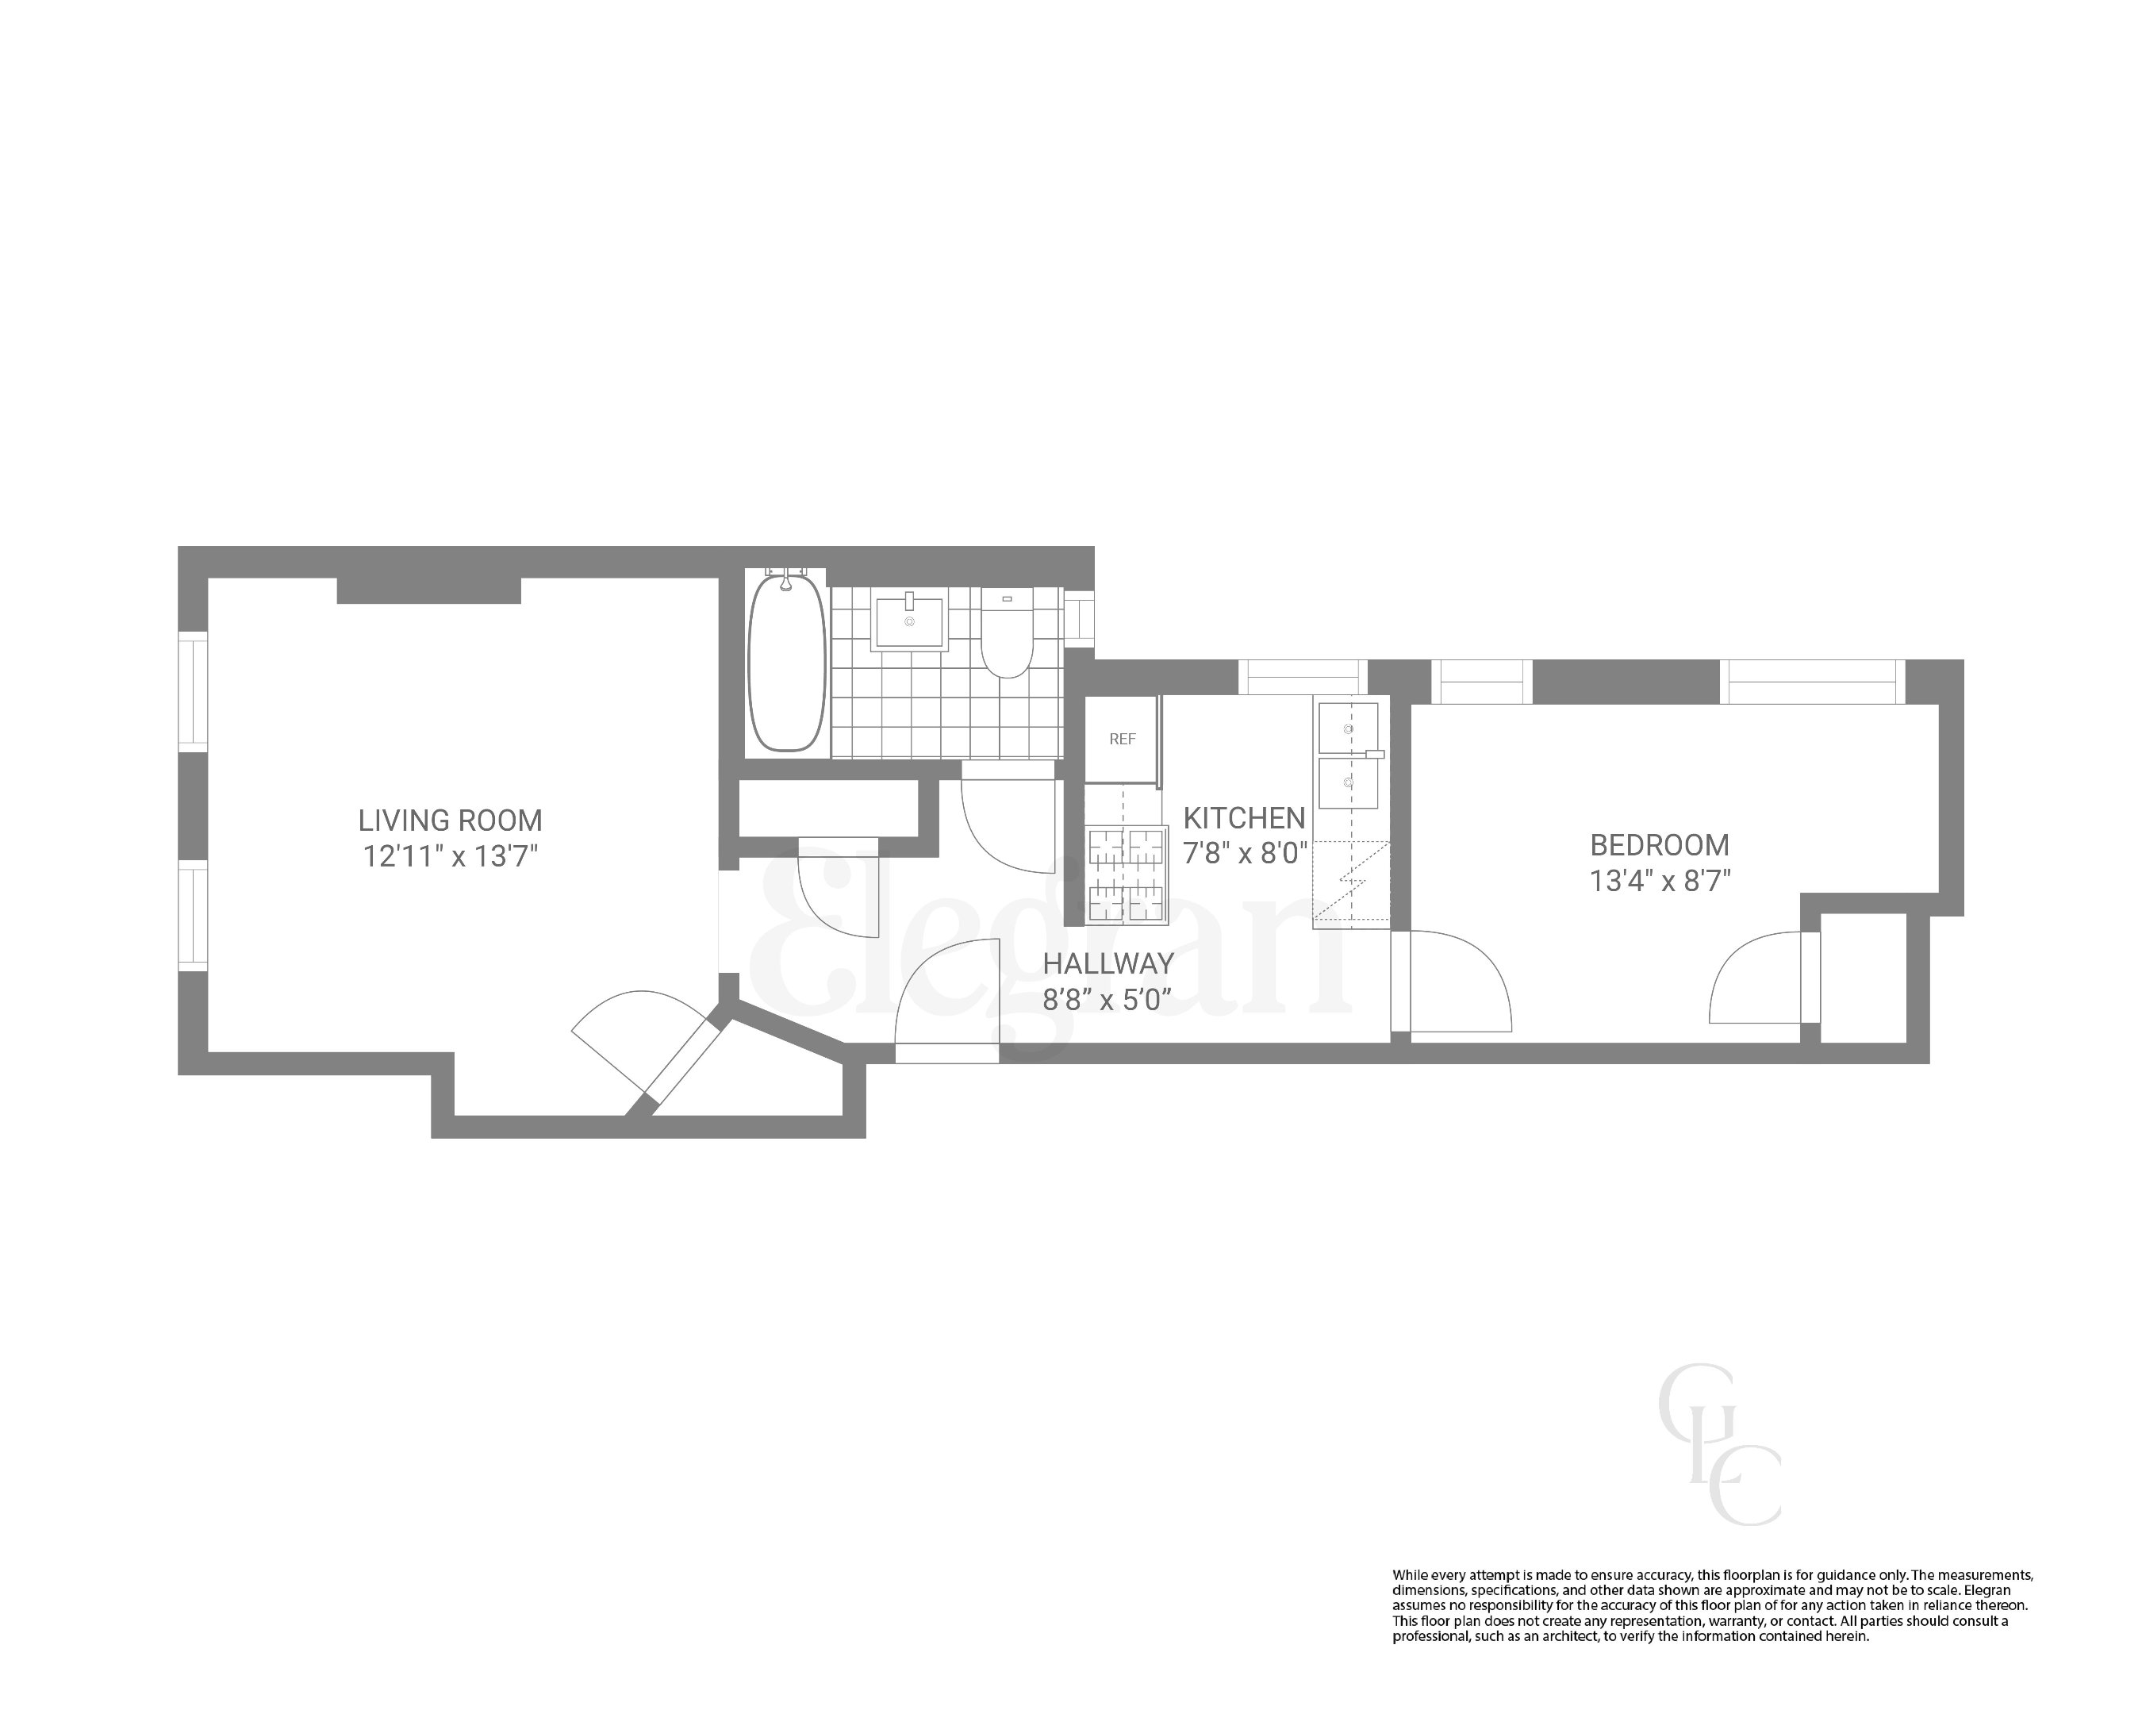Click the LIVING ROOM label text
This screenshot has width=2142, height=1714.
pyautogui.click(x=450, y=820)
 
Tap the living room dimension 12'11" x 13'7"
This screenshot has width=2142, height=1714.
pyautogui.click(x=450, y=856)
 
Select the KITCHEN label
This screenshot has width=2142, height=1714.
pyautogui.click(x=1244, y=819)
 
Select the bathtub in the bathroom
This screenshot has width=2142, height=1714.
pyautogui.click(x=786, y=663)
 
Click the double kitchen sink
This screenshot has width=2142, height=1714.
pyautogui.click(x=1347, y=755)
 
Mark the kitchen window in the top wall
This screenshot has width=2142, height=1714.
pyautogui.click(x=1303, y=678)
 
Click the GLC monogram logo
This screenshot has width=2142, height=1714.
pyautogui.click(x=1719, y=1446)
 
